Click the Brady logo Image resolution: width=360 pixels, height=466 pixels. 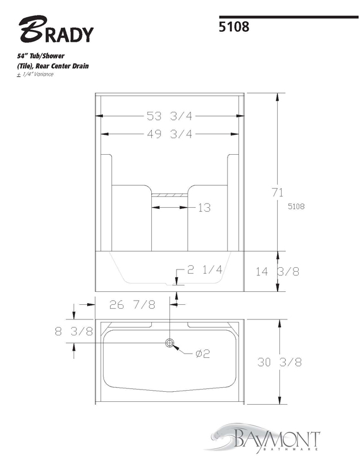click(56, 29)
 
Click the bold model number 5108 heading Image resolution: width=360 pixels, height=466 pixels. click(234, 26)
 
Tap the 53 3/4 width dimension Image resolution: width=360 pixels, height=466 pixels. click(169, 116)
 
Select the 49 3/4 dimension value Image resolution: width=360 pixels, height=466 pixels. click(169, 134)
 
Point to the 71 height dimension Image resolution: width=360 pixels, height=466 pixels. click(277, 192)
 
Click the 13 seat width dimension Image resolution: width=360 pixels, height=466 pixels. click(204, 208)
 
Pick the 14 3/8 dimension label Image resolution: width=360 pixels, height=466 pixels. click(278, 271)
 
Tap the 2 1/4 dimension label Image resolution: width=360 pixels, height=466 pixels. click(205, 269)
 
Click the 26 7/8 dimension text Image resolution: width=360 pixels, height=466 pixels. click(132, 305)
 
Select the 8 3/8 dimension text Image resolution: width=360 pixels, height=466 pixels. click(74, 331)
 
